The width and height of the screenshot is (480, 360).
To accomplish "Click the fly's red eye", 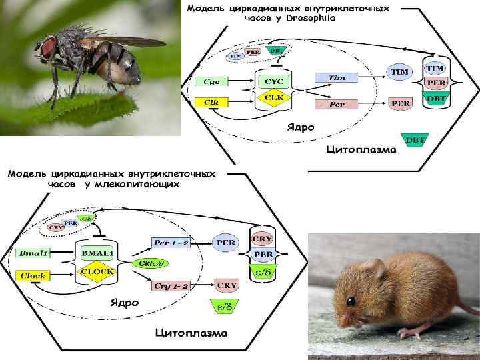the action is [49, 47].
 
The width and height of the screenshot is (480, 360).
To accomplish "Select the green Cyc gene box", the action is [211, 81].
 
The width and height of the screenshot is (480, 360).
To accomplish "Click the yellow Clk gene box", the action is [211, 102].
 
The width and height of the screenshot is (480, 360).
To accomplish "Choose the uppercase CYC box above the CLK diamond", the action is [273, 81].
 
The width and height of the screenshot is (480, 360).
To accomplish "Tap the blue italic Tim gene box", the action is [337, 78].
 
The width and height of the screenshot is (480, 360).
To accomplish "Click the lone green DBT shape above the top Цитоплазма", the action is [415, 140].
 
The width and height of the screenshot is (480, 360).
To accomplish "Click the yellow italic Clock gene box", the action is [33, 275].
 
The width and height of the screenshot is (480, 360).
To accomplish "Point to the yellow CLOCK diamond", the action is [97, 272].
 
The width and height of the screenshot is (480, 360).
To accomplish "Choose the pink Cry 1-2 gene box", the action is [172, 285].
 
